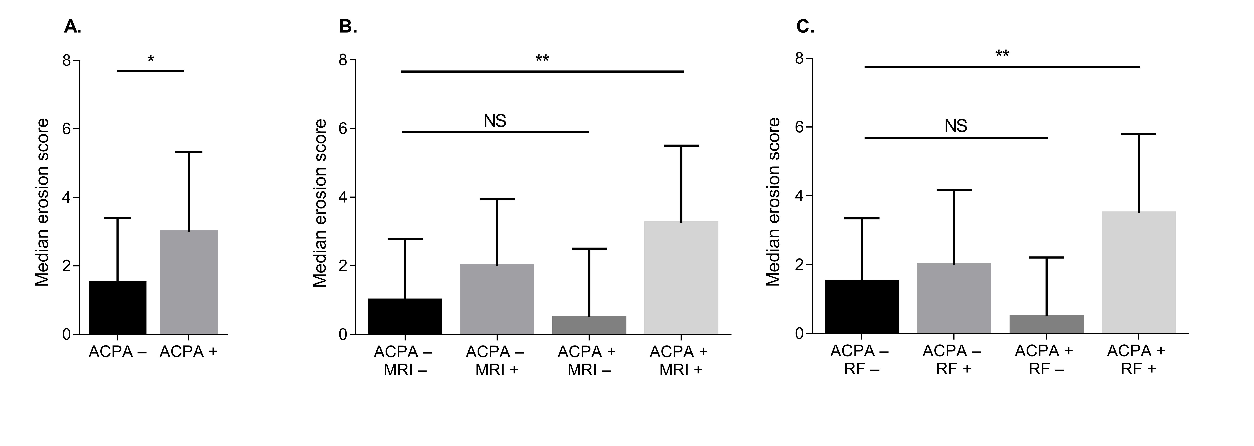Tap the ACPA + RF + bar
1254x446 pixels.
click(x=1139, y=272)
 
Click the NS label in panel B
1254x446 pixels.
click(x=495, y=121)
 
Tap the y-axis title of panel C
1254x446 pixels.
click(x=773, y=202)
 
